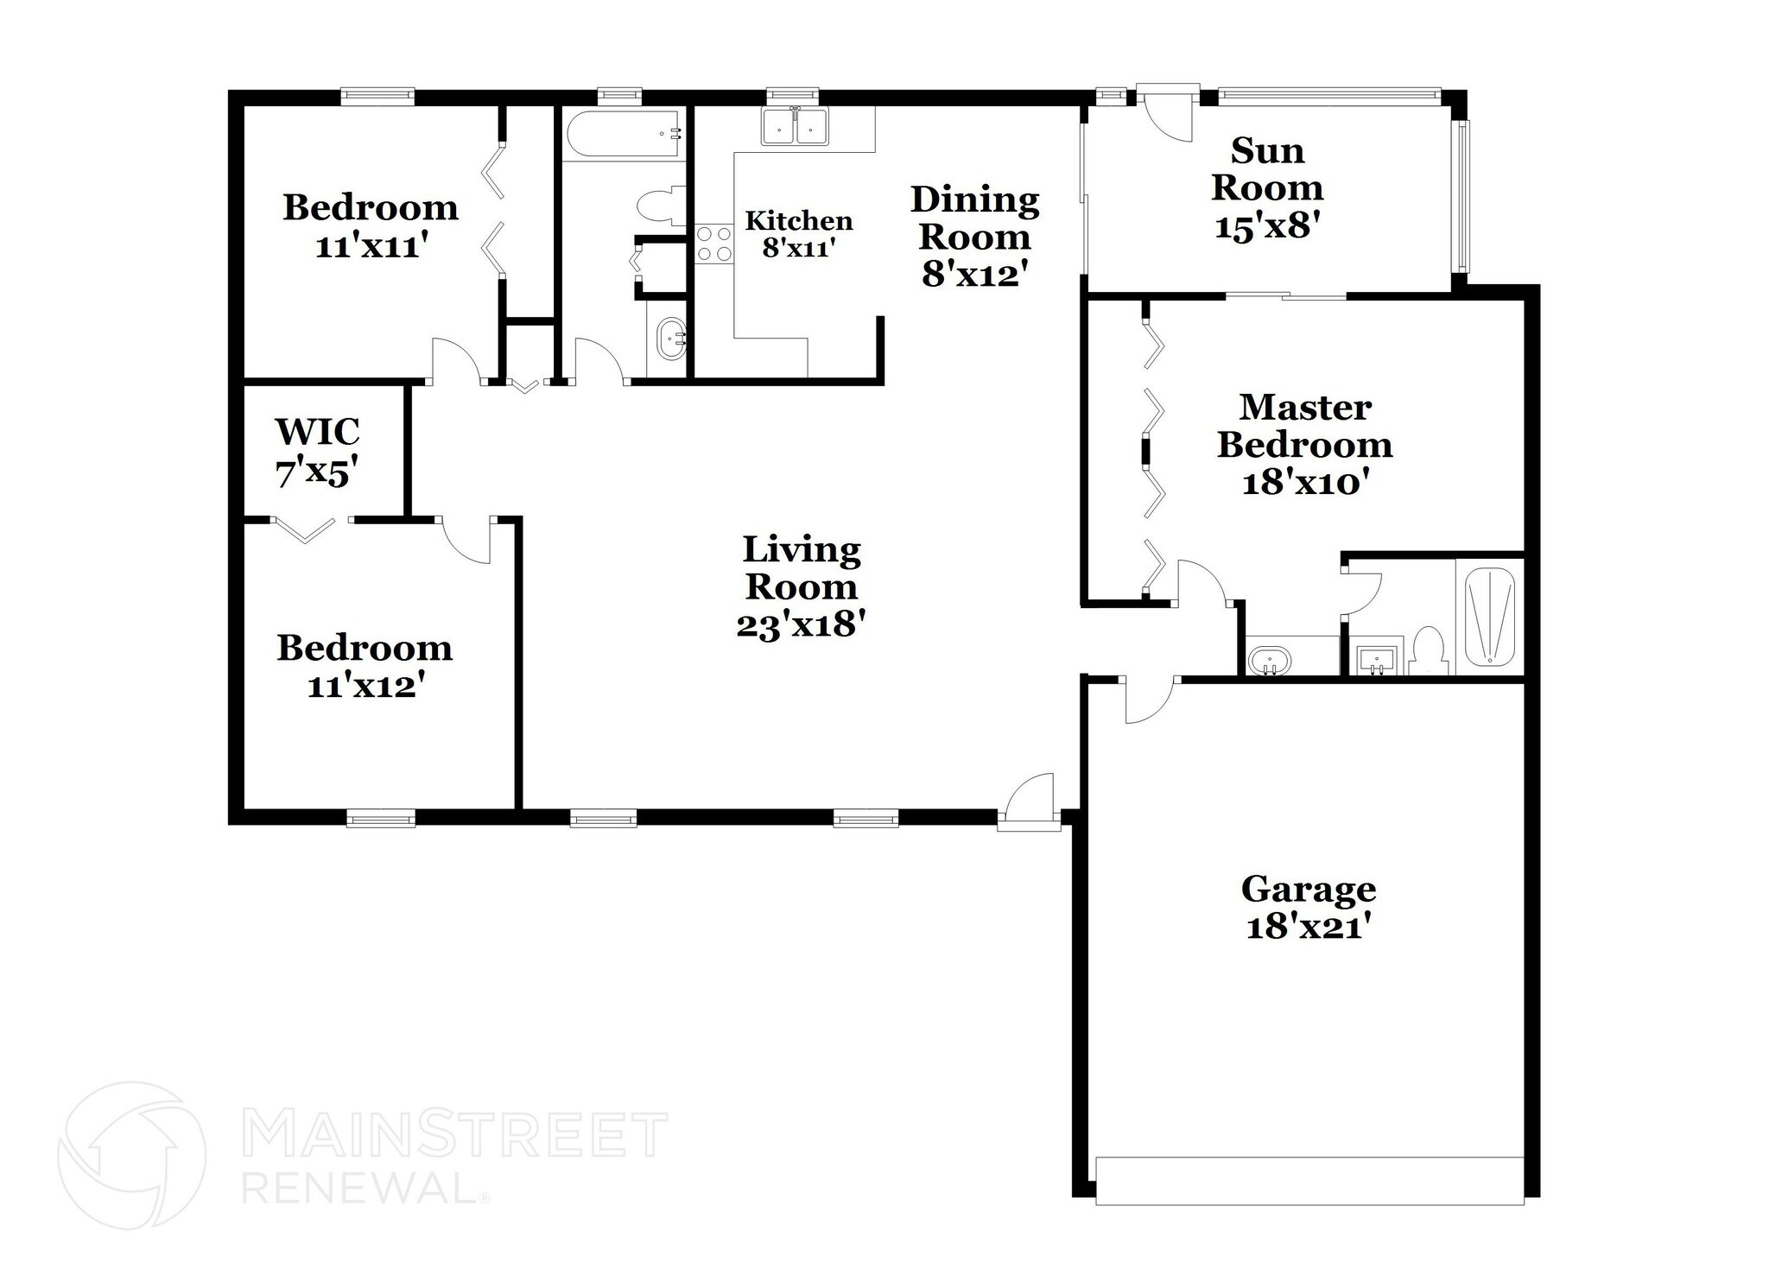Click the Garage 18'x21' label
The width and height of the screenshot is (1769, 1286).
[1308, 907]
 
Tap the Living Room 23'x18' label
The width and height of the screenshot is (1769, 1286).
[801, 586]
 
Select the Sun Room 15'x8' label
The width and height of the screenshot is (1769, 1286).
[1267, 188]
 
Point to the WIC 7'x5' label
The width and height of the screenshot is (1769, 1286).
[317, 452]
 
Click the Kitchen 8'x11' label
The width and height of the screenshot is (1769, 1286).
[798, 234]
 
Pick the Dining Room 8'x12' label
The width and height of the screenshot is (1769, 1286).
[975, 236]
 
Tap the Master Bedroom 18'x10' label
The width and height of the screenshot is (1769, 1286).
[1304, 445]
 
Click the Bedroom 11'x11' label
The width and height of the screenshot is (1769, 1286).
[371, 226]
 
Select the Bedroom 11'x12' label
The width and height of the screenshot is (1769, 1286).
[365, 667]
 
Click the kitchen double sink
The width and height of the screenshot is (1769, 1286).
[795, 126]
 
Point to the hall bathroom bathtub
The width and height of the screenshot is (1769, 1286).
[624, 134]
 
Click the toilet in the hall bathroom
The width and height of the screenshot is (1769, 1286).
[658, 206]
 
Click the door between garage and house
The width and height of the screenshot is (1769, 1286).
[1150, 700]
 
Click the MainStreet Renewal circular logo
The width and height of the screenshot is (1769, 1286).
[131, 1155]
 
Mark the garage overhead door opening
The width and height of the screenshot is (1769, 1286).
[1308, 1180]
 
